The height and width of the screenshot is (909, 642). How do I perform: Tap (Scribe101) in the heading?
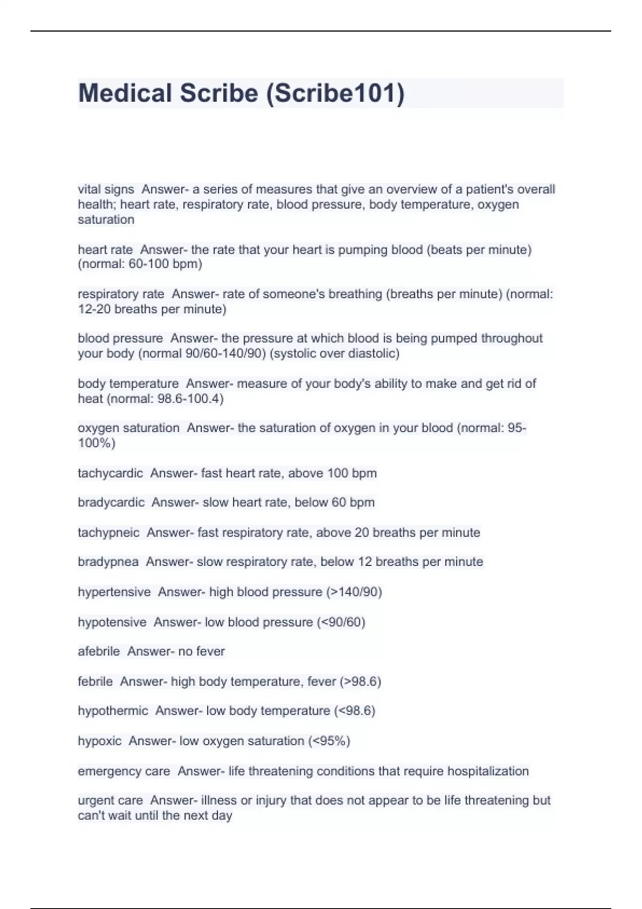pyautogui.click(x=335, y=93)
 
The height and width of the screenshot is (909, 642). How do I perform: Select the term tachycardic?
pyautogui.click(x=110, y=473)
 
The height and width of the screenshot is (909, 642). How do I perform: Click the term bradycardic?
pyautogui.click(x=111, y=503)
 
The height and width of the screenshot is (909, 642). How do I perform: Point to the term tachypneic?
pyautogui.click(x=109, y=533)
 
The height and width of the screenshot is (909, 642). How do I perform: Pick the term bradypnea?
pyautogui.click(x=108, y=562)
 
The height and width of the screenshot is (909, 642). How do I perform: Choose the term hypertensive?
pyautogui.click(x=114, y=592)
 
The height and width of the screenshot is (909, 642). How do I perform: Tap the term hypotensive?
pyautogui.click(x=112, y=622)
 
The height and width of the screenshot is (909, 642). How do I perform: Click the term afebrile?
pyautogui.click(x=98, y=651)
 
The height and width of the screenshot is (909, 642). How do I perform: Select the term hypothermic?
pyautogui.click(x=113, y=711)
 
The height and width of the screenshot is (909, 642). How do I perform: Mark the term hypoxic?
pyautogui.click(x=100, y=741)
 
